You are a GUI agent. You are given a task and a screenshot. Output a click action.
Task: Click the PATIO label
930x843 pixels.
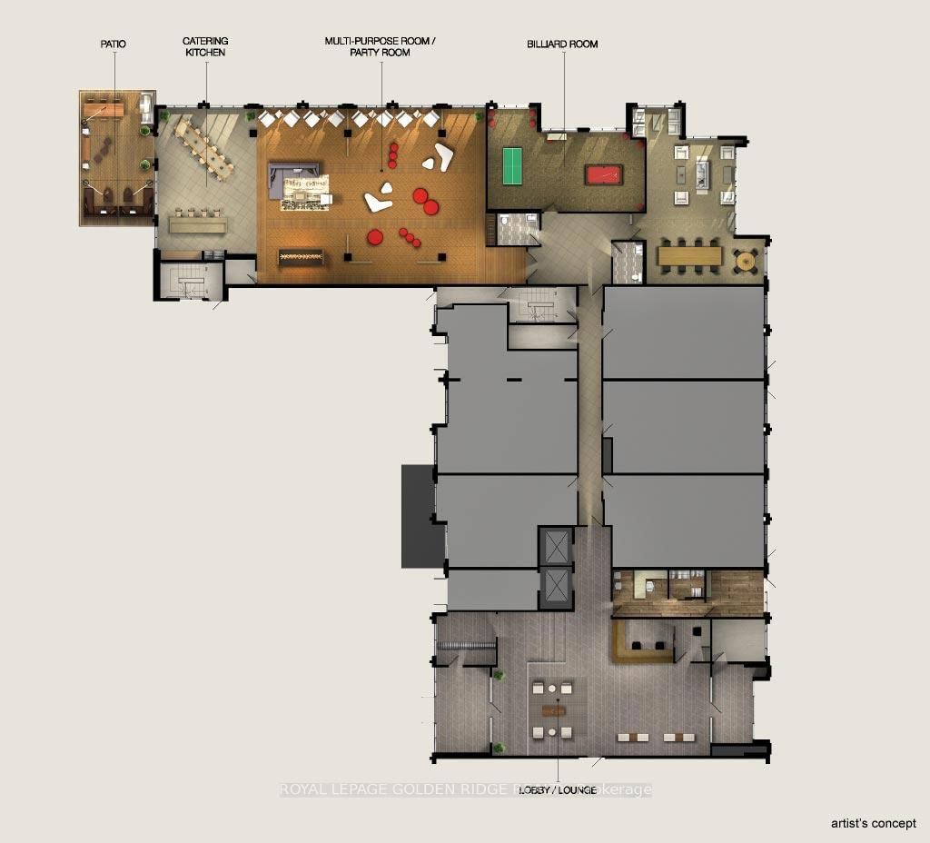coord(114,43)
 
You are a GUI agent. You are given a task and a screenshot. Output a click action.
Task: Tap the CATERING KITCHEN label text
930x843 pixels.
coord(205,47)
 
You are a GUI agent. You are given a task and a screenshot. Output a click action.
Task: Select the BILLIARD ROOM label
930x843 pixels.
coord(562,44)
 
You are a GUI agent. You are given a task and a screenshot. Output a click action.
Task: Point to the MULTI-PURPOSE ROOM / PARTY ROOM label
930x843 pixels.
coord(380,47)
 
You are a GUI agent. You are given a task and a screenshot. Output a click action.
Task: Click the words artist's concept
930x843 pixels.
coord(874,823)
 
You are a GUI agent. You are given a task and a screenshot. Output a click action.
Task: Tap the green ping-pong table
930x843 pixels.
coord(520,166)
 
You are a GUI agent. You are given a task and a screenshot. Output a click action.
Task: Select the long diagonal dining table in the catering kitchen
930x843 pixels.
coord(204,149)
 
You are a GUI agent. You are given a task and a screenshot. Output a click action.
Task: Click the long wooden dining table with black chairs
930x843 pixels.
coord(689,256)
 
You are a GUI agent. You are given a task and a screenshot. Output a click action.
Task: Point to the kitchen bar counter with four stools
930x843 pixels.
coord(196,223)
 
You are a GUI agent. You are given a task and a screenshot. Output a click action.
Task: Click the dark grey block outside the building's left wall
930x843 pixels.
coord(417,516)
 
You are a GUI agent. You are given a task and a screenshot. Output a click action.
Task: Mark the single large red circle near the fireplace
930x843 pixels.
coord(375,238)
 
